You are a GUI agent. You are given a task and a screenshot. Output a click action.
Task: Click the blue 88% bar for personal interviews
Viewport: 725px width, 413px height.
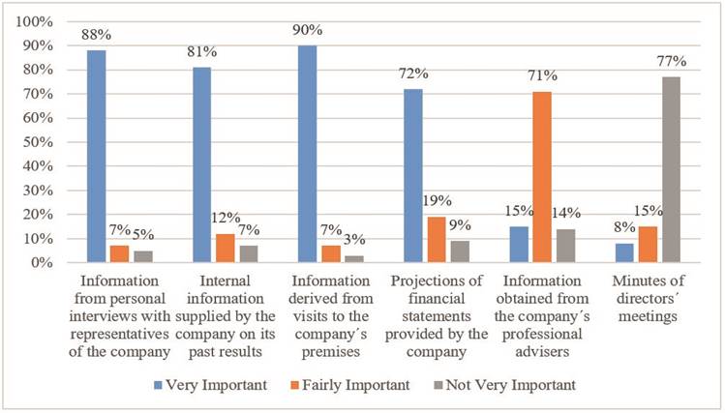[96, 156]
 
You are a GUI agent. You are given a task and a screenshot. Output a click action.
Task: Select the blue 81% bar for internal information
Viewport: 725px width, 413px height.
[202, 164]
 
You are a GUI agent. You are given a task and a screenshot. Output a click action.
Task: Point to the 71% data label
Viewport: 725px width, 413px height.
[542, 75]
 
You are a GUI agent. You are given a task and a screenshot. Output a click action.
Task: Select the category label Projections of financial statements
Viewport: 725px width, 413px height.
[437, 312]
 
